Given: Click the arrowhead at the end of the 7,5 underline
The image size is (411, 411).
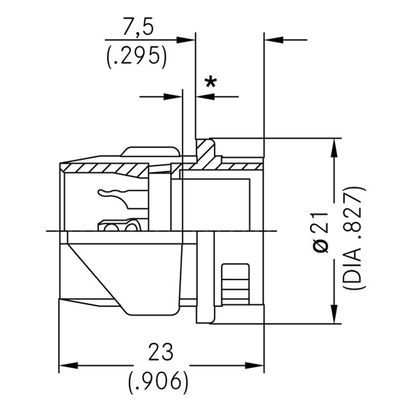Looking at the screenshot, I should tap(188, 40).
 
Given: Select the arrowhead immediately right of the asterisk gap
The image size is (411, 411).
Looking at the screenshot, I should tap(204, 97).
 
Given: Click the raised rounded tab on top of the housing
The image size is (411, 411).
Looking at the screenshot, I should tap(150, 152).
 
